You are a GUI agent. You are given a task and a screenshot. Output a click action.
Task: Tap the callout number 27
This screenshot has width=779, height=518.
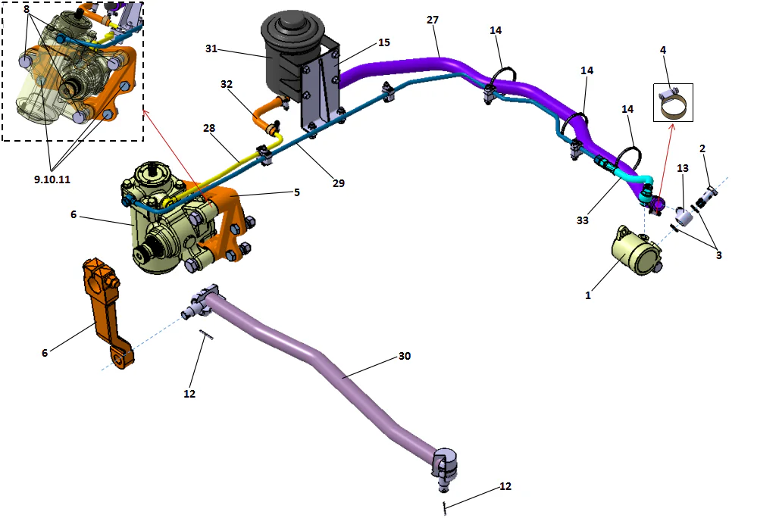click(x=433, y=20)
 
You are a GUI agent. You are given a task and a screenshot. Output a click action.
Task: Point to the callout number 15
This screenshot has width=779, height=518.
click(x=384, y=42)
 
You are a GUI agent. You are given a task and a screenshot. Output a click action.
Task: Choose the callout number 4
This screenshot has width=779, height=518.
click(x=663, y=50)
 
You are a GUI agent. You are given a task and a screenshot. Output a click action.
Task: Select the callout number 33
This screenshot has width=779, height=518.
click(x=581, y=220)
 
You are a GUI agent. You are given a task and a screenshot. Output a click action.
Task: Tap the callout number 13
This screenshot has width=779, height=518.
click(x=683, y=167)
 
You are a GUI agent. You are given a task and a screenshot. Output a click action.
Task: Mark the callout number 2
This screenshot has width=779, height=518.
click(x=702, y=148)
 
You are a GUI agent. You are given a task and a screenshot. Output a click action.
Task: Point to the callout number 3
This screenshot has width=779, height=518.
click(x=718, y=255)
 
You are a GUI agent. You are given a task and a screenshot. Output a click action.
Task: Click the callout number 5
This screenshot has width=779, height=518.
click(x=297, y=192)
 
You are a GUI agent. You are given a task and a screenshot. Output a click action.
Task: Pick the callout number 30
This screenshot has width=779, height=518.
click(x=405, y=356)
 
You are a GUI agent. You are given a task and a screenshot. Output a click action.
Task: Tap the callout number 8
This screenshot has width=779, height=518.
click(x=27, y=10)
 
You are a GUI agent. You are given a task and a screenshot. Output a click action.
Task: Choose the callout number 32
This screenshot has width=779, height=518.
click(x=227, y=84)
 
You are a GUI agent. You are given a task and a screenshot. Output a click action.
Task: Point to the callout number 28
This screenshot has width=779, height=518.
click(x=209, y=129)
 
